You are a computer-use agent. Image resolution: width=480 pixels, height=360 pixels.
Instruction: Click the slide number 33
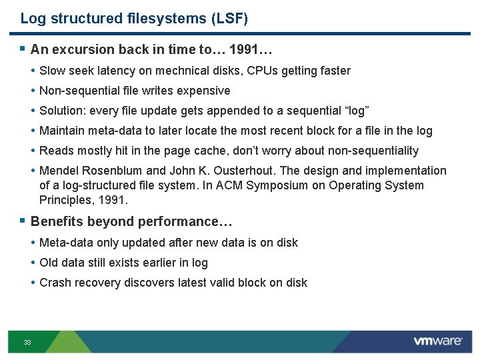tap(27, 342)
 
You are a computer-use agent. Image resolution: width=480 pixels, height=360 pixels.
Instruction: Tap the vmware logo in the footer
tap(437, 341)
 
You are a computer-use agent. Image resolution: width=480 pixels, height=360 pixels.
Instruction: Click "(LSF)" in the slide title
tap(230, 19)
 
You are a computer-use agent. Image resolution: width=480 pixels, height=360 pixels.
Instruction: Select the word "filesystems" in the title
tap(166, 19)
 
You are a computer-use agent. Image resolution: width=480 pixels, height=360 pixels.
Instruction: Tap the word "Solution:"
tap(62, 111)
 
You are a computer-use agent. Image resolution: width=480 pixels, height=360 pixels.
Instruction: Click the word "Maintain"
tap(61, 131)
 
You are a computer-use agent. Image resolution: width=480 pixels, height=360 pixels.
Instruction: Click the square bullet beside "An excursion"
tap(23, 49)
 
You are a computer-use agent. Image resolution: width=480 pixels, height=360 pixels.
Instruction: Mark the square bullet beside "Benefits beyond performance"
tap(23, 221)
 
